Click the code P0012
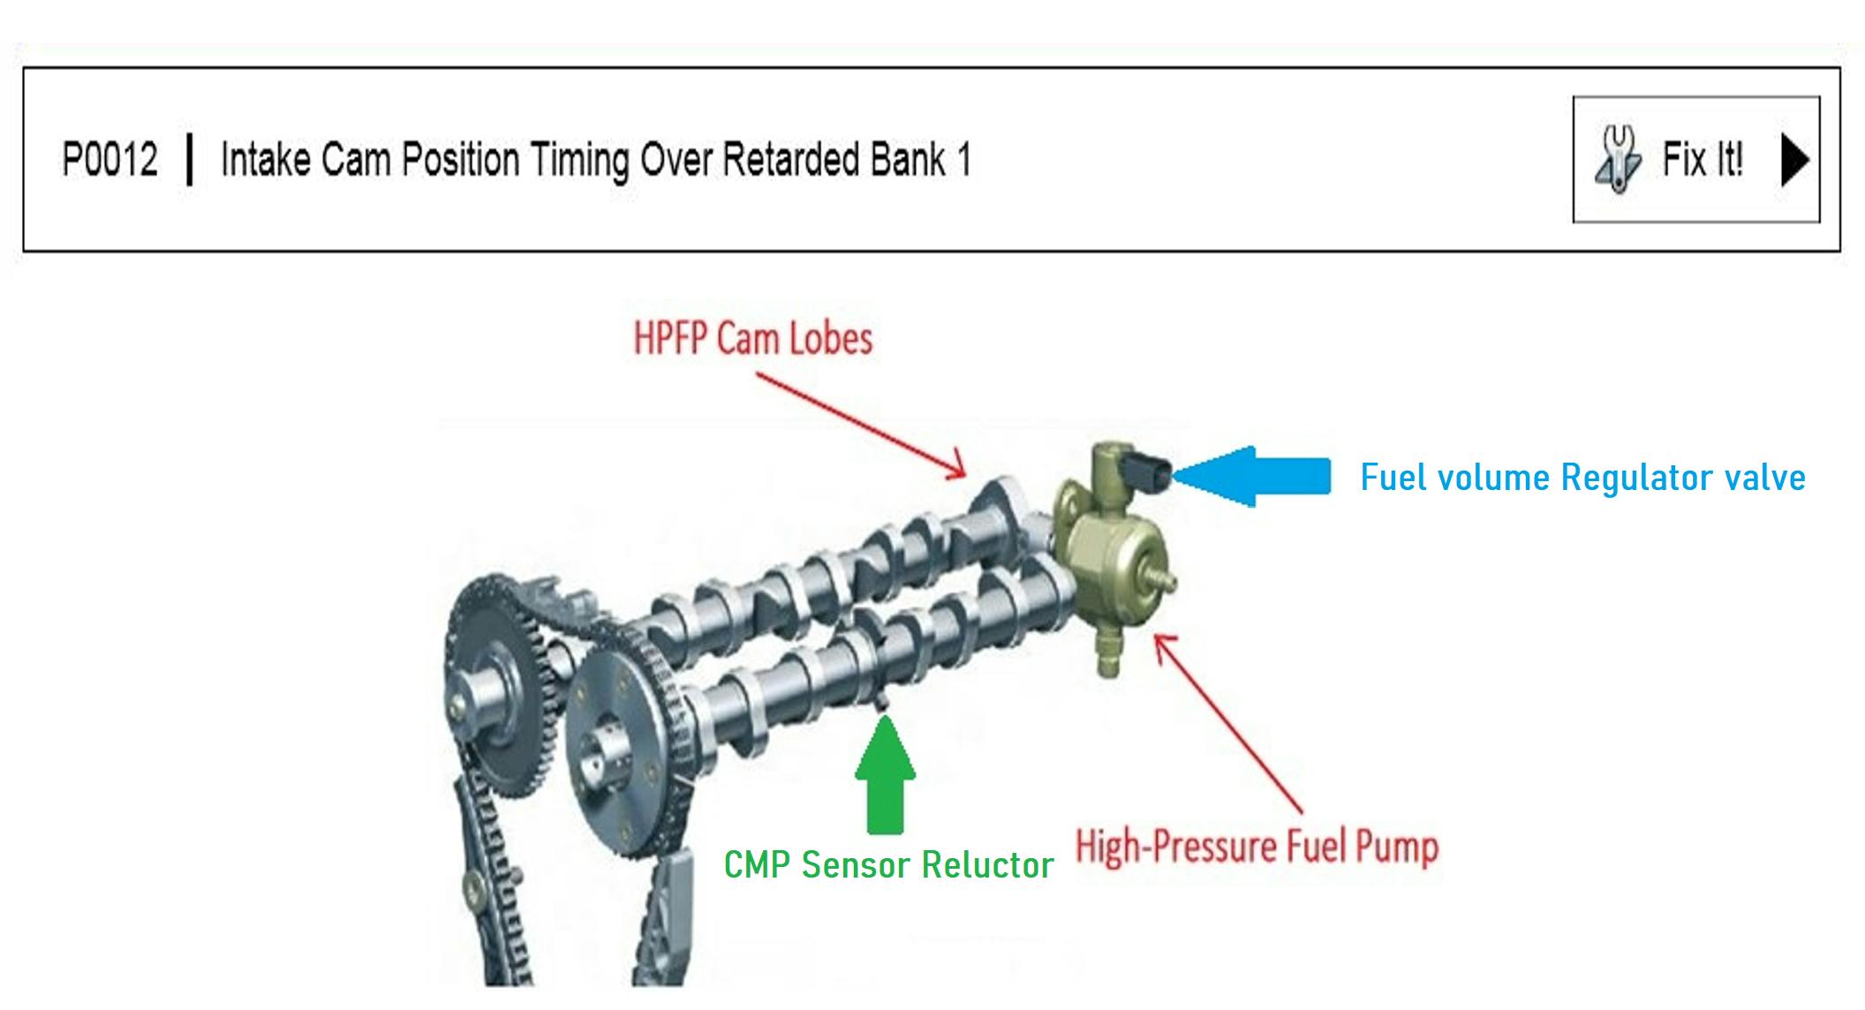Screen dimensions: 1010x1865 pyautogui.click(x=109, y=160)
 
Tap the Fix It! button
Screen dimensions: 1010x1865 pyautogui.click(x=1695, y=159)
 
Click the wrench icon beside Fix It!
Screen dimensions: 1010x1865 pyautogui.click(x=1618, y=159)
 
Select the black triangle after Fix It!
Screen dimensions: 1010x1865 pyautogui.click(x=1794, y=160)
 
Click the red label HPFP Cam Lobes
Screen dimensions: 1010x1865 pyautogui.click(x=753, y=339)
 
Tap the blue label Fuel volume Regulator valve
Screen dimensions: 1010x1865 pyautogui.click(x=1582, y=478)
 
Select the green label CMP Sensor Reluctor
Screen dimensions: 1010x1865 pyautogui.click(x=888, y=864)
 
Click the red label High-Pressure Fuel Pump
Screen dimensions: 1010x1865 pyautogui.click(x=1257, y=846)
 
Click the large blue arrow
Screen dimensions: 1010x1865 pyautogui.click(x=1254, y=477)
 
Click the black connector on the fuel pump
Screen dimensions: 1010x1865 pyautogui.click(x=1150, y=471)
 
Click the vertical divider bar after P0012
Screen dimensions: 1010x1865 pyautogui.click(x=189, y=160)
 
